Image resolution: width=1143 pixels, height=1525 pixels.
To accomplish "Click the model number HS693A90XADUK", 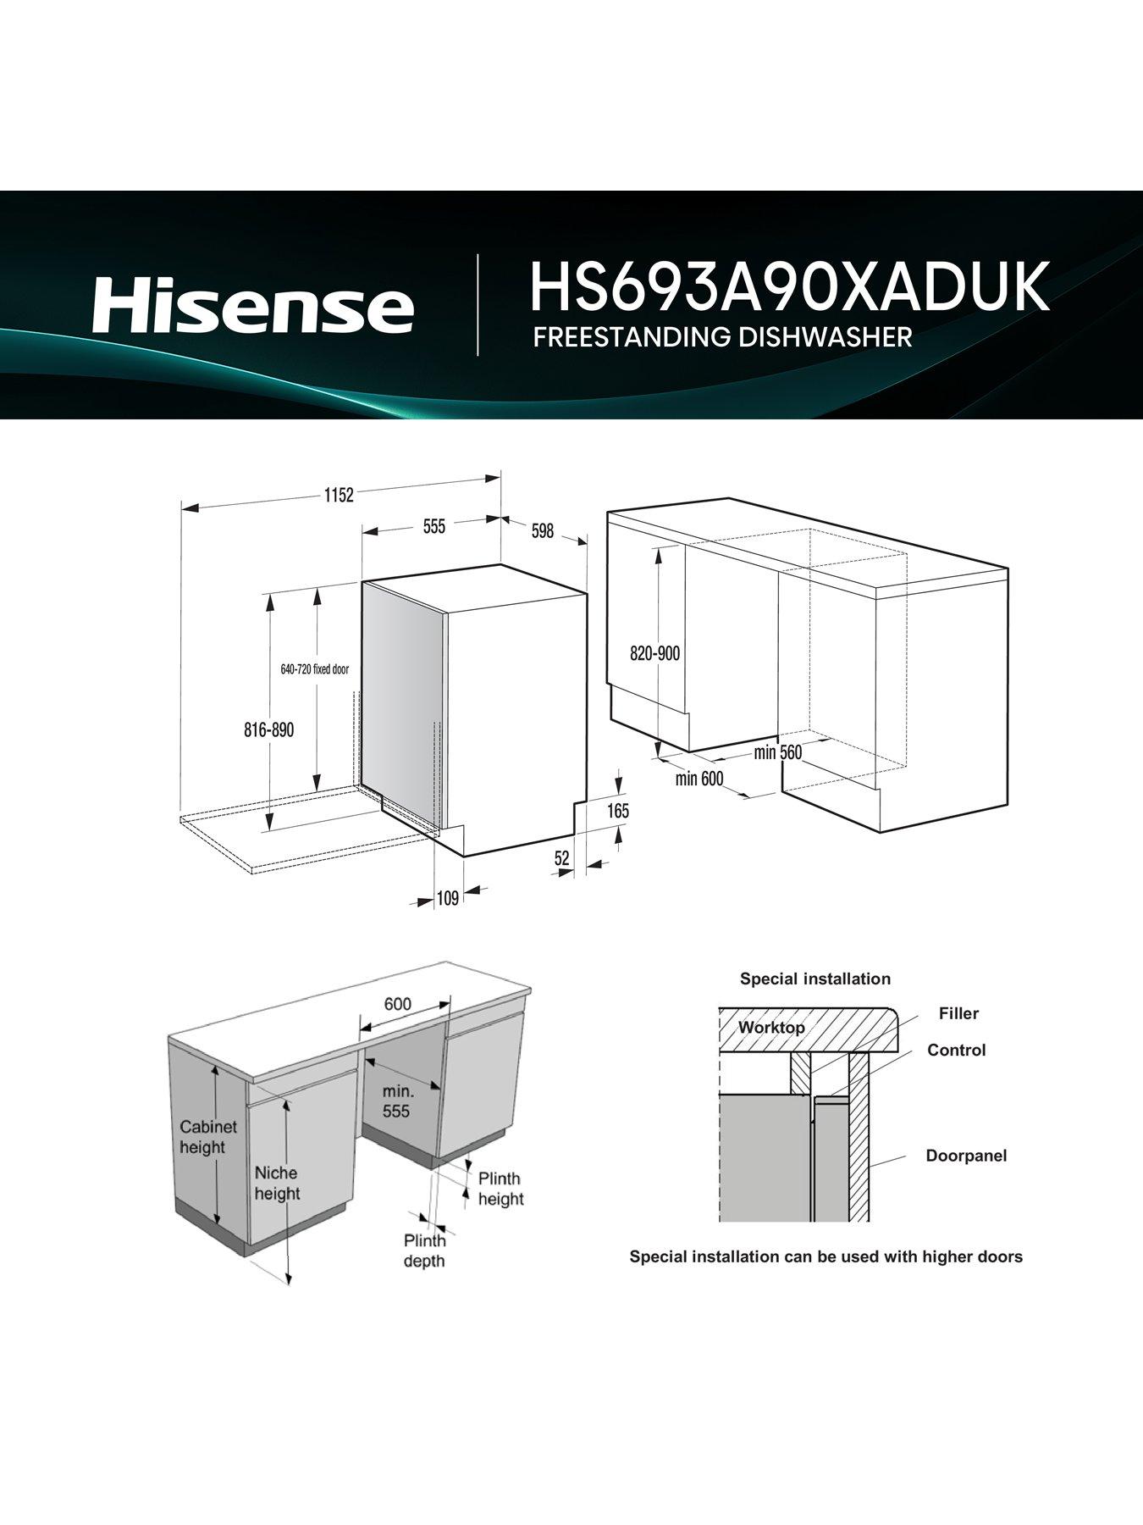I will coord(789,288).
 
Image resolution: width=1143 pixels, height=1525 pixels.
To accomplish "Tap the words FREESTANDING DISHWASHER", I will coord(722,336).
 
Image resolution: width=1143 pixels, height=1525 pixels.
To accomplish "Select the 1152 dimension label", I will coord(338,496).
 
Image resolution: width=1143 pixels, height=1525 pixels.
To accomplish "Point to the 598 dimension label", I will coord(542,531).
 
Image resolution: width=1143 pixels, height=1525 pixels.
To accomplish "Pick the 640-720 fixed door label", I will coord(314,669).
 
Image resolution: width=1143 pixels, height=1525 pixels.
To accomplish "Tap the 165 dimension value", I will coord(618,811).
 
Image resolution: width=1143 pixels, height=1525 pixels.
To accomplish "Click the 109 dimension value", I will coord(447,898).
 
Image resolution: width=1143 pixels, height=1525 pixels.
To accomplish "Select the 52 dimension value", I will coord(562,858).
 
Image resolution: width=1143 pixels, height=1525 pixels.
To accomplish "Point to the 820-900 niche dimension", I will coord(654,654).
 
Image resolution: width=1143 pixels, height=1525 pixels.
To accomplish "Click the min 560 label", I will coord(777,752).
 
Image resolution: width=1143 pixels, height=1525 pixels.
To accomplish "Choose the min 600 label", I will coord(699,778).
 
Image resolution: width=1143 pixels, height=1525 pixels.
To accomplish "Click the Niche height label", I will coord(277,1183).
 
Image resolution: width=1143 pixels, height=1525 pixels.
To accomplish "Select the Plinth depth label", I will coord(424,1250).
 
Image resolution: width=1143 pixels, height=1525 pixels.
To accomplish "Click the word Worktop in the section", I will coord(771,1028).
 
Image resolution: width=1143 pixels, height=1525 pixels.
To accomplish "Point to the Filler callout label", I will coord(958,1013).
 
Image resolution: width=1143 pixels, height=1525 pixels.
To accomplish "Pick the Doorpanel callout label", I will coord(966,1156).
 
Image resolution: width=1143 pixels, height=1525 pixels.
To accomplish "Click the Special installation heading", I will coord(814,979).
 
